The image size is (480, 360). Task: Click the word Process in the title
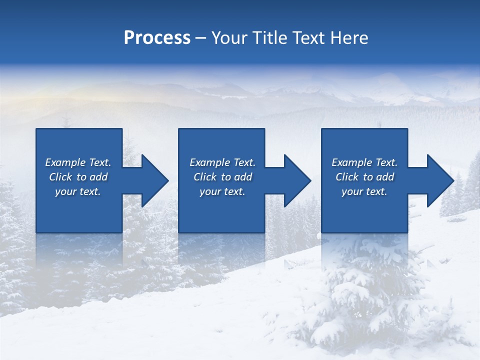point(157,37)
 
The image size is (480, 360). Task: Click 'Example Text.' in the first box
point(78,162)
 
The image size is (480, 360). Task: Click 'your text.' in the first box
point(78,191)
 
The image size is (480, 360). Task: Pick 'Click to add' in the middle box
point(222,177)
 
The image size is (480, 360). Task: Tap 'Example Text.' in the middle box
point(222,162)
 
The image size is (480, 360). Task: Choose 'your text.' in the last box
point(364,191)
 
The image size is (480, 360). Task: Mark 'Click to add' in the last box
point(364,177)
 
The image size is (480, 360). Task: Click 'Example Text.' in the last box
point(364,162)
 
